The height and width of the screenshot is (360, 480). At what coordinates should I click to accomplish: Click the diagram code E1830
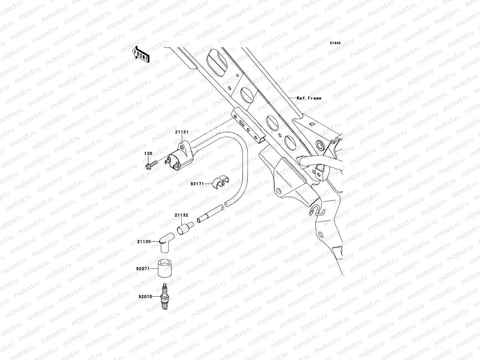tap(335, 43)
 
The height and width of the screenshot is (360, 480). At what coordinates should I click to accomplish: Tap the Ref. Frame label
tap(309, 98)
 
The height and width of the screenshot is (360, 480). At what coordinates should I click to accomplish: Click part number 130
tap(148, 154)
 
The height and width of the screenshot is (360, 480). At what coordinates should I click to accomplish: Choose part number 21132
tap(182, 215)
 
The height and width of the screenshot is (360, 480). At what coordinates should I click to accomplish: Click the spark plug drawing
tap(164, 297)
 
